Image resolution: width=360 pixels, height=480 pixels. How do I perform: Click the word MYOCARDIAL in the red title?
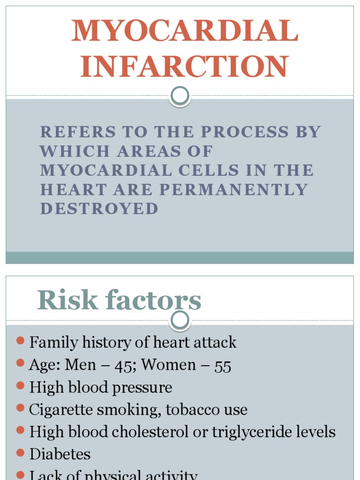[185, 31]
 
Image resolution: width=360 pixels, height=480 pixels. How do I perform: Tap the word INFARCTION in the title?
[184, 67]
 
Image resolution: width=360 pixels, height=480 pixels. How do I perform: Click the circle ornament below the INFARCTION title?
[180, 96]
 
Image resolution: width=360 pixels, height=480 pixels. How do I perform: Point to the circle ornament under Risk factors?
[180, 321]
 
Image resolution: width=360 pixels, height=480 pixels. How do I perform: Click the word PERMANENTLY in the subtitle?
[233, 189]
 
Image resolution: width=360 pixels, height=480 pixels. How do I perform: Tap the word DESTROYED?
[99, 209]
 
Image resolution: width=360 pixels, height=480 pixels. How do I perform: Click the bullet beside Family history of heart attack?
[20, 341]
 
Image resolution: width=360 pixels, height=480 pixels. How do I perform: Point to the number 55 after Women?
[223, 366]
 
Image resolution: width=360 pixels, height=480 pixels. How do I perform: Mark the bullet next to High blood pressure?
[20, 385]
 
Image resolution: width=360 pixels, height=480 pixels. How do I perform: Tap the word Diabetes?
[60, 454]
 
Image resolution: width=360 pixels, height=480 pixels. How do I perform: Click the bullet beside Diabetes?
[20, 453]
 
